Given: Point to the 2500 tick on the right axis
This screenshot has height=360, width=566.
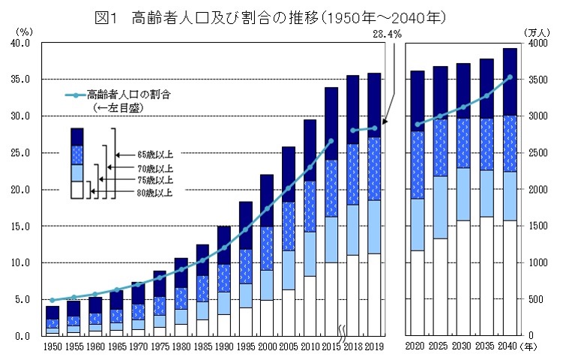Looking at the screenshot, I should pos(535,153).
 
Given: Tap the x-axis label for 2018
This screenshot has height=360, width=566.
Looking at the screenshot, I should pos(352,347).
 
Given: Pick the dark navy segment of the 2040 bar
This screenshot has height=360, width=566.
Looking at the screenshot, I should pos(510,82).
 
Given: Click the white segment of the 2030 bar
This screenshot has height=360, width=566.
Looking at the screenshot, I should pos(463,277).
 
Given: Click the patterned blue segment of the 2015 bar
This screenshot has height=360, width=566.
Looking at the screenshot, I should pos(331,188).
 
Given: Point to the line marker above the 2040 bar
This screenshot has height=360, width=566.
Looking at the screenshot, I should pos(510,76).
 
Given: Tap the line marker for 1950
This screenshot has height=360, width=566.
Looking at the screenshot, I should pos(52,300).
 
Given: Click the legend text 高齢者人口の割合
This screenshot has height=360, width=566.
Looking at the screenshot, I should pos(128,95).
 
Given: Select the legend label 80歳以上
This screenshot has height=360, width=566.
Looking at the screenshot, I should pos(154,193).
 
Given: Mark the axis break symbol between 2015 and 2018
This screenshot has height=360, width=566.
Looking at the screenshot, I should pos(342,332).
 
